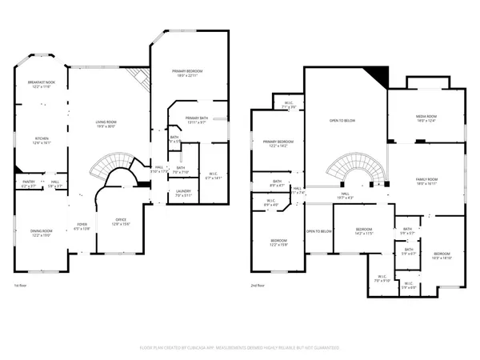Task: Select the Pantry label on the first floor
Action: coord(27,182)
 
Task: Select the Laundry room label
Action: coord(182,190)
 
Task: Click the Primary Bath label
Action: coord(196,119)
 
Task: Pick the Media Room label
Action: coord(426,116)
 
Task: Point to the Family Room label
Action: coord(426,179)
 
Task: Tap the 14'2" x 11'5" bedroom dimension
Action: coord(364,234)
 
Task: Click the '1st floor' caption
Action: coord(22,285)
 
